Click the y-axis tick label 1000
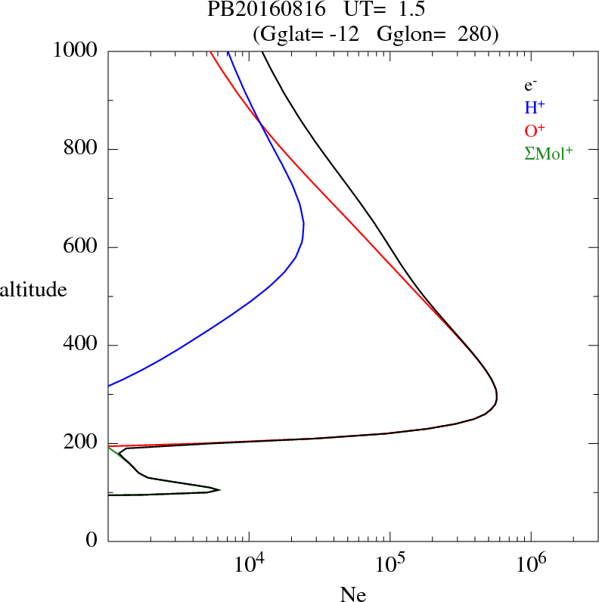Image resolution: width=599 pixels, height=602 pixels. pos(76,51)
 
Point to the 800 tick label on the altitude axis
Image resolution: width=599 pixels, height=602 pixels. pos(81,149)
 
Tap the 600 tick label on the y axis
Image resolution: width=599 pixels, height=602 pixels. pos(81,247)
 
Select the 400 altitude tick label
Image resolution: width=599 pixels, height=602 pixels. pos(81,346)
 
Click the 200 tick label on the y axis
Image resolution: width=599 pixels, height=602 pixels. pos(81,444)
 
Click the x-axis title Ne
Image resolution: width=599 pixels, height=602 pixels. pos(352,594)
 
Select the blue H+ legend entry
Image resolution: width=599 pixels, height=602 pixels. pos(534,107)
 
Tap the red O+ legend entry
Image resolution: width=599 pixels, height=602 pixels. pos(534,130)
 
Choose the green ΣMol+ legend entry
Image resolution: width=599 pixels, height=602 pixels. pos(548,153)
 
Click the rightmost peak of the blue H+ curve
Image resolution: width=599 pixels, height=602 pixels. pos(303,224)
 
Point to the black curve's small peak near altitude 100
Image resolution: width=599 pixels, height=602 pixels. pos(219,489)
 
